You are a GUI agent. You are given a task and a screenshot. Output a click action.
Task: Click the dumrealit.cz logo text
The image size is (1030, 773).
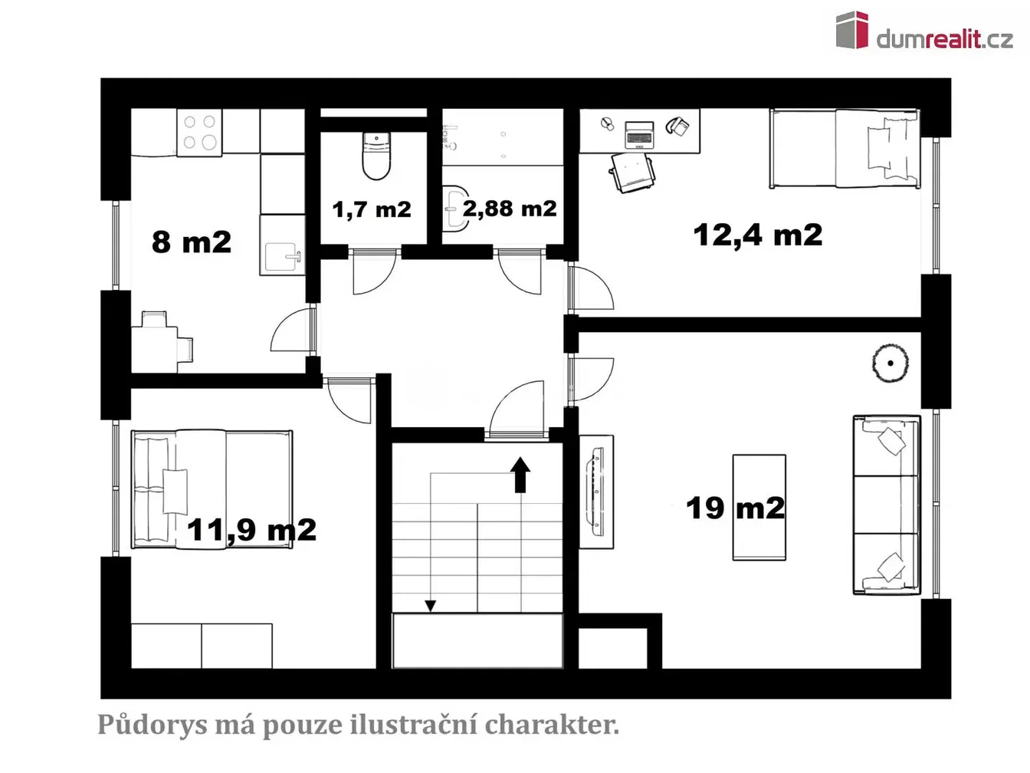(944, 39)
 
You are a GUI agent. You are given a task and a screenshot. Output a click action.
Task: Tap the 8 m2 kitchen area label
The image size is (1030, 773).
(192, 242)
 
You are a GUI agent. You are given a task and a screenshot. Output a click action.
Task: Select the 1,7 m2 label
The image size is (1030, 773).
(372, 209)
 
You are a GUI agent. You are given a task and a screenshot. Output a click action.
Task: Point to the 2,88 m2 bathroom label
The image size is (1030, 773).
(510, 208)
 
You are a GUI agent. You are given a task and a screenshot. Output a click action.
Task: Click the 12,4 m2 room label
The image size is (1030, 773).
(757, 235)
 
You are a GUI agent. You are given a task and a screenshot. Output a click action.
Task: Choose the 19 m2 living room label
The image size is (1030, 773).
(735, 508)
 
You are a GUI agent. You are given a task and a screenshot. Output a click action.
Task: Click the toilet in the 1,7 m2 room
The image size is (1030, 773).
(376, 156)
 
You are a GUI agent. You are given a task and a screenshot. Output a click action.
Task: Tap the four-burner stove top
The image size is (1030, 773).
(199, 132)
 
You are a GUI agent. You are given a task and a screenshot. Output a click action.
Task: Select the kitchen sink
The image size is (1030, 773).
(282, 257)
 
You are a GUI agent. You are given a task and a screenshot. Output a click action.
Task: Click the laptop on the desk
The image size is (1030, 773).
(638, 135)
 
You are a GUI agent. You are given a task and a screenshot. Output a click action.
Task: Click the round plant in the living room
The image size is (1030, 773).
(890, 363)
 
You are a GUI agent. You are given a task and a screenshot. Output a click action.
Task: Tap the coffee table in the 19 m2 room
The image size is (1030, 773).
(759, 507)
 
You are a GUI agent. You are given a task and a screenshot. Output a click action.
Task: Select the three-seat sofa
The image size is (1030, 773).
(887, 505)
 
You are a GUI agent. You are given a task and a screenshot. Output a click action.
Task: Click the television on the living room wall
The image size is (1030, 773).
(597, 492)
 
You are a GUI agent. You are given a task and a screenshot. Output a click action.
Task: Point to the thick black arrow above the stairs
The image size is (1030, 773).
(520, 475)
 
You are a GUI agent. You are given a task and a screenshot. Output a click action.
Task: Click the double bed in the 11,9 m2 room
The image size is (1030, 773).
(212, 488)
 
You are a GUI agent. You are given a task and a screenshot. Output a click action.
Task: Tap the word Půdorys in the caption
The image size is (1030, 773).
(152, 724)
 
